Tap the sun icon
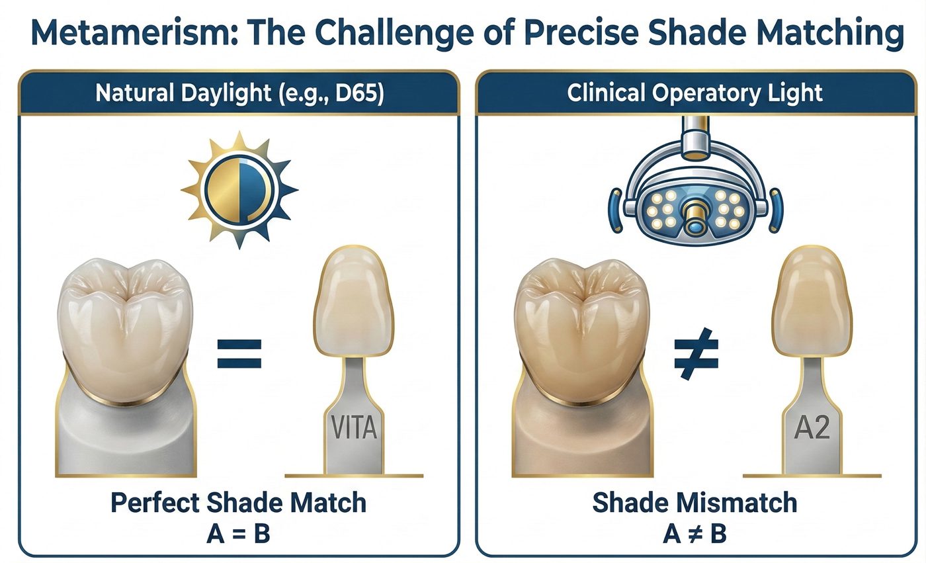[239, 190]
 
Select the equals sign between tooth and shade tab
[239, 353]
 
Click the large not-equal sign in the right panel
[696, 354]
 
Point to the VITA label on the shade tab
[354, 428]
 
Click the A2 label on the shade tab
[812, 428]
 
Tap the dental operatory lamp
[696, 181]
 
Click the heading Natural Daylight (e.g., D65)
[239, 93]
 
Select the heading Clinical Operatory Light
[694, 93]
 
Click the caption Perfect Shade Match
[239, 503]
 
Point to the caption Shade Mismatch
[694, 503]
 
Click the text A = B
[238, 534]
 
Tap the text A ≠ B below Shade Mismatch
[694, 534]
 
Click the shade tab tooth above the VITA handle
[353, 301]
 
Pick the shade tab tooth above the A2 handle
[812, 301]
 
